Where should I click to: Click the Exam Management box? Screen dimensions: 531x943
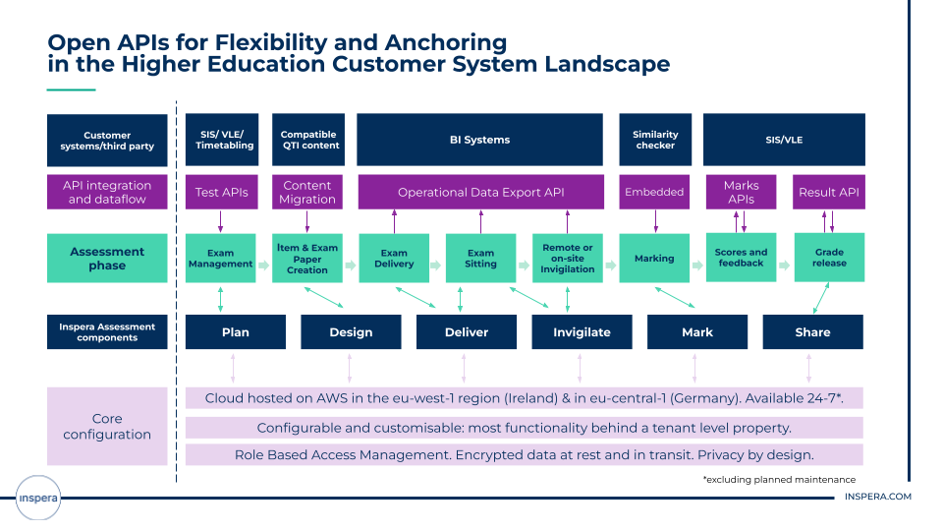coord(220,258)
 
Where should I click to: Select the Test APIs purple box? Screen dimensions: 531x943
coord(220,192)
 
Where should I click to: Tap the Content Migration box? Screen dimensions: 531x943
coord(307,192)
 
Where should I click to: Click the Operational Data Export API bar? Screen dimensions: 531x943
coord(480,192)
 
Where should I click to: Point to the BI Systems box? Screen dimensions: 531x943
coord(479,140)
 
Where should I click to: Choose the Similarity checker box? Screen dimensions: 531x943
coord(655,140)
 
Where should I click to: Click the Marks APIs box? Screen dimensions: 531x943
coord(741,192)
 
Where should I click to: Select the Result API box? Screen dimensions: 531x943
coord(829,192)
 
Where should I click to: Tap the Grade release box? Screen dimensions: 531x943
coord(829,258)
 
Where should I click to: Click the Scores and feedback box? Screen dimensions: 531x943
coord(741,258)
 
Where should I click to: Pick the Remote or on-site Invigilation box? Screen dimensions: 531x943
coord(568,258)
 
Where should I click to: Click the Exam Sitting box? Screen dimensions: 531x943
coord(480,258)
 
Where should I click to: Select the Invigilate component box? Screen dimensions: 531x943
coord(582,332)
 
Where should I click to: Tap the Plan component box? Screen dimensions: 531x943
coord(236,332)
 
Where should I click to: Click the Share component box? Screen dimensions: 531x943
coord(812,332)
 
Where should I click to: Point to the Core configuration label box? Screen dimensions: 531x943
coord(107,426)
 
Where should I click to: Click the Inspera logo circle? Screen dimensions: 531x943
coord(38,499)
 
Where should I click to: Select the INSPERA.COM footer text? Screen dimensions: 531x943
coord(878,497)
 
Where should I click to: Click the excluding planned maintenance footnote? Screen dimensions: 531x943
coord(780,479)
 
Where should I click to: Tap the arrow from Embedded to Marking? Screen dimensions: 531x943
coord(654,220)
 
